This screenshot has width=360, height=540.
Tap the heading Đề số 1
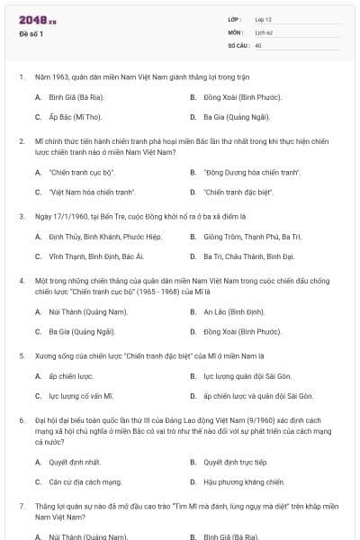[x=31, y=34]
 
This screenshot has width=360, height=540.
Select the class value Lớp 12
[x=263, y=19]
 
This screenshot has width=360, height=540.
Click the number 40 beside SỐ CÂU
[x=258, y=44]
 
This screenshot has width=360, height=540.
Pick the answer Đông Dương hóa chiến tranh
[x=239, y=171]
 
